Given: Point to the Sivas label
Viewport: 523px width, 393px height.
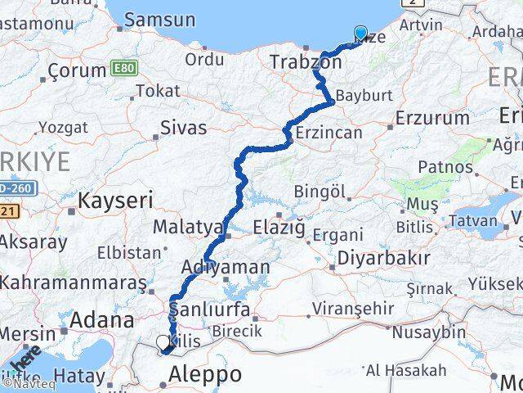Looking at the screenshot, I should (x=183, y=128).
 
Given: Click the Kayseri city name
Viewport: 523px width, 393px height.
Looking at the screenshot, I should (x=115, y=199).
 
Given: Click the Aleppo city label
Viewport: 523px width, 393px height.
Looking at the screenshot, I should (x=205, y=375).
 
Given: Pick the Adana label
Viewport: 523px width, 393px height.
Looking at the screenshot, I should (x=103, y=319).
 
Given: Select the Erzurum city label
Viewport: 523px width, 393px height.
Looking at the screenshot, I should (x=432, y=118).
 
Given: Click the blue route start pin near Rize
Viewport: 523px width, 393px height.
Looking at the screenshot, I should (x=361, y=34).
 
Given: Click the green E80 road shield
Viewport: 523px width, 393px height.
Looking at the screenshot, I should (x=120, y=70).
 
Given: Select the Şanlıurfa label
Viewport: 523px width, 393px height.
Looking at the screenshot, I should (x=209, y=310).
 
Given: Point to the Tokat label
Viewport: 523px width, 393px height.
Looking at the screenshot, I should (x=158, y=91).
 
